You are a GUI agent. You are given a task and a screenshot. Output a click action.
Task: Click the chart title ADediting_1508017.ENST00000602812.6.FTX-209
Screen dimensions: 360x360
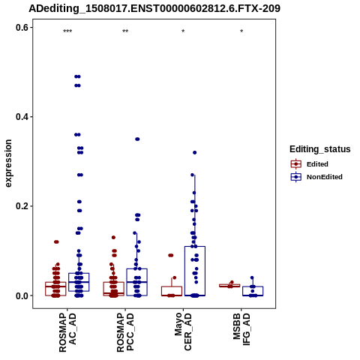coord(154,8)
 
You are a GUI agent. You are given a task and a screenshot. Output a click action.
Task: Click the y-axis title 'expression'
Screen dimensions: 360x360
coord(8,163)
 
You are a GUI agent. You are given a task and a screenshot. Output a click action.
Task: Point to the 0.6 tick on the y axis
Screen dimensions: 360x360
coord(22,28)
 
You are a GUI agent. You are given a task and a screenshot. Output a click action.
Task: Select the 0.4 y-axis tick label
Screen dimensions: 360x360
coord(22,117)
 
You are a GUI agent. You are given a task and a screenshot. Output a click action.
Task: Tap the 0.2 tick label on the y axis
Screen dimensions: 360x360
coord(22,206)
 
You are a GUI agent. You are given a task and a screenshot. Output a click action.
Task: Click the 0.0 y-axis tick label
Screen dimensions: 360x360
coord(22,295)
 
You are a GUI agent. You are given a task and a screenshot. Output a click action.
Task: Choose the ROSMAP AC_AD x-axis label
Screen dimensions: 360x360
coord(67,333)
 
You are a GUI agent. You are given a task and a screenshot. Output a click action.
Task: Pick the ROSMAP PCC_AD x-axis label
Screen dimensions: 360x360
coord(125,333)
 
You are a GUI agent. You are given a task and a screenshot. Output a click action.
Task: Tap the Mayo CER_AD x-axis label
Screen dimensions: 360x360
coord(183,332)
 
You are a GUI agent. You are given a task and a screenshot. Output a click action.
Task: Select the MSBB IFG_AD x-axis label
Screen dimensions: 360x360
coord(241,329)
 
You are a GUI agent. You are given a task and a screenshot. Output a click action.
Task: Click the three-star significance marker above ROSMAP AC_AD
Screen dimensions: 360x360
coord(67,31)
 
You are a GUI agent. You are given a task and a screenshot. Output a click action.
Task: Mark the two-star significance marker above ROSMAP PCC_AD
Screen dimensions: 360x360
coord(125,31)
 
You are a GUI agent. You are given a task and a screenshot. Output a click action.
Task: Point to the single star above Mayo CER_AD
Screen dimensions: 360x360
coord(183,31)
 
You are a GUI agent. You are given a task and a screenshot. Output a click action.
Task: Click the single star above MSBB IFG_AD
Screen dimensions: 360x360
coord(241,31)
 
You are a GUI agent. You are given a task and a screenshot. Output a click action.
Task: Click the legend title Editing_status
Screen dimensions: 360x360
coord(320,149)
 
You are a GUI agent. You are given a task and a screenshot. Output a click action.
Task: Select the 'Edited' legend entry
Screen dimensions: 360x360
coord(310,164)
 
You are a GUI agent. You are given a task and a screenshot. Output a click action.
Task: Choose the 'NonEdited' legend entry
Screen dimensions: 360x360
coord(316,177)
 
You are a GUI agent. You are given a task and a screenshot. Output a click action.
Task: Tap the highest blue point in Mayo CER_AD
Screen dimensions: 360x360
coord(195,152)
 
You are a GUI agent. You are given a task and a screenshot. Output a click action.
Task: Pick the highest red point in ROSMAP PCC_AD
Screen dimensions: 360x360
coord(113,237)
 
